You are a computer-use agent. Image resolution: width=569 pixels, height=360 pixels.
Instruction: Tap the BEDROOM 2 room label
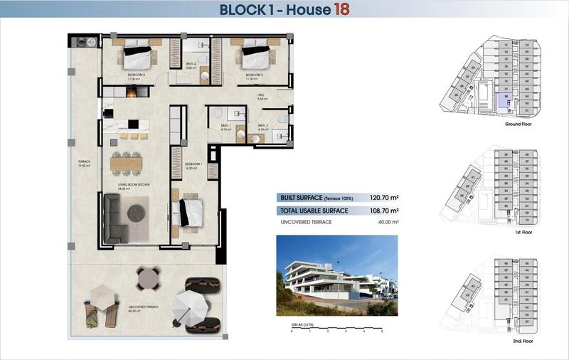click(136, 75)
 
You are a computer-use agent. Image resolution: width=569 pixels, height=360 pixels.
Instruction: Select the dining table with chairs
click(126, 164)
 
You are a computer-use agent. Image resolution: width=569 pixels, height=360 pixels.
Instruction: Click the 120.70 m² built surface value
click(383, 199)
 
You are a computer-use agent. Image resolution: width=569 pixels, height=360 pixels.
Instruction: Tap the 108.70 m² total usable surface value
click(383, 211)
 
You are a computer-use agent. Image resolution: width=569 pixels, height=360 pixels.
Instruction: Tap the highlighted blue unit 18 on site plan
click(504, 101)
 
